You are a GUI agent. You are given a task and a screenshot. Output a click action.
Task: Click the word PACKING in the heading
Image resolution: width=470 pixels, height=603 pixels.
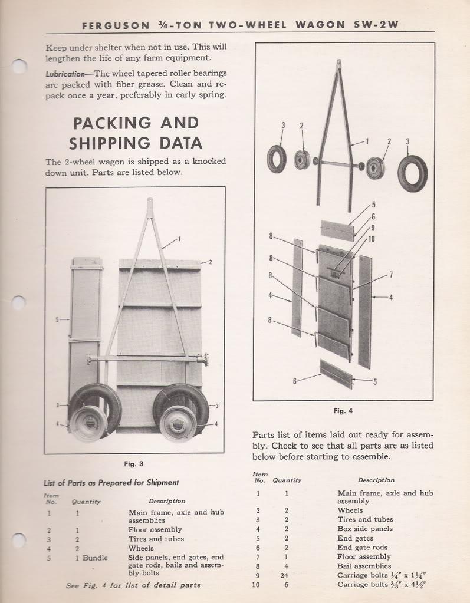(110, 123)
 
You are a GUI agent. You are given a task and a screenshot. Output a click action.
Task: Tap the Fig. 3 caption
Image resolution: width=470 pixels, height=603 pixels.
(134, 464)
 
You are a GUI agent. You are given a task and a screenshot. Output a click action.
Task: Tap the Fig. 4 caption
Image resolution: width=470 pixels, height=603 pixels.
(343, 411)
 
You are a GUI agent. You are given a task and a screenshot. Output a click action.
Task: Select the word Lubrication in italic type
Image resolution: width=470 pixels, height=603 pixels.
(65, 74)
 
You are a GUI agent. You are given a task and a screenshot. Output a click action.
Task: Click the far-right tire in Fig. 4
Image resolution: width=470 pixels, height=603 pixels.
(412, 173)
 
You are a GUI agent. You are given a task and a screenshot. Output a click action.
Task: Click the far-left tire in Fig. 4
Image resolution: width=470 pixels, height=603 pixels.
(276, 159)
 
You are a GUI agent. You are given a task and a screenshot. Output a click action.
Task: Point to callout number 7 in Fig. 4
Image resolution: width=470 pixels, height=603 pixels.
(390, 274)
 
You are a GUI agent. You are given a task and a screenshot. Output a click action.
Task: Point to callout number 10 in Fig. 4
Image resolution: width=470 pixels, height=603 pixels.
(372, 238)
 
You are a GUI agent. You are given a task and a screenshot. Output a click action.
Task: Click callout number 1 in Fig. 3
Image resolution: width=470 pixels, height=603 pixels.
(179, 239)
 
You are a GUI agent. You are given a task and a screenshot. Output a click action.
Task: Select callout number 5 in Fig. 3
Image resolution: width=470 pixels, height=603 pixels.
(57, 320)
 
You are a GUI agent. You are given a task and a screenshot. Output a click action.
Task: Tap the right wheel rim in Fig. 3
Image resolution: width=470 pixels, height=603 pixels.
(178, 423)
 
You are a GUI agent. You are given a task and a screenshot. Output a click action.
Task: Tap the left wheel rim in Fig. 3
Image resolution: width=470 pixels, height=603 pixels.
(89, 423)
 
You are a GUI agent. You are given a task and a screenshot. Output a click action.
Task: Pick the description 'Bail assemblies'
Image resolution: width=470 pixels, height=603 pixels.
(364, 566)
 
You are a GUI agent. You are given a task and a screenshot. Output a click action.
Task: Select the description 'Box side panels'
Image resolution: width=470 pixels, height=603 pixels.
(364, 529)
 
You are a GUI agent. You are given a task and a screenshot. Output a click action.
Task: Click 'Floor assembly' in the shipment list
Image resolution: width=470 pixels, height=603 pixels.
(155, 529)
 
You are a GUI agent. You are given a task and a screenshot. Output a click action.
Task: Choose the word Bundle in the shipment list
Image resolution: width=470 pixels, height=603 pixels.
(95, 558)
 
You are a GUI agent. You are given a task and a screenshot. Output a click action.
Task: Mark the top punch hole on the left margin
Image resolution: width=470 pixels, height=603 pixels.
(19, 66)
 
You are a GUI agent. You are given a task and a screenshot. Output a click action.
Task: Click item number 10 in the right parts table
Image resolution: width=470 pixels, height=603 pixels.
(258, 585)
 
